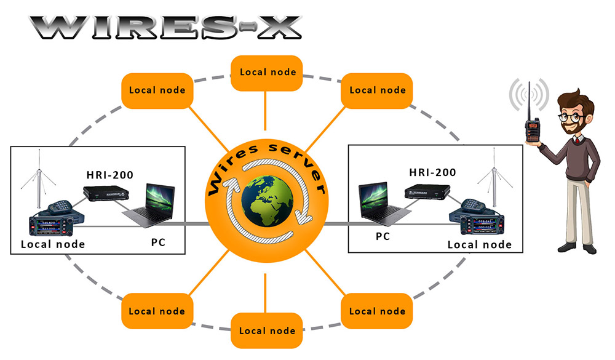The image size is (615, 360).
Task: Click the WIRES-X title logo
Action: (x=165, y=28)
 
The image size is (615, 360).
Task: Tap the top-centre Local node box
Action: (x=267, y=73)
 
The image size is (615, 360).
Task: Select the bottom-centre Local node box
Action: (x=267, y=330)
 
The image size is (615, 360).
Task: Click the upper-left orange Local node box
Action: (x=157, y=90)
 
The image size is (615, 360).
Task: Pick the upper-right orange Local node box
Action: (x=377, y=90)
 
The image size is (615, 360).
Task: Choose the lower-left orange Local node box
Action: (x=157, y=311)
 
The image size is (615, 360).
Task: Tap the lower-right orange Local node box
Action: (x=377, y=311)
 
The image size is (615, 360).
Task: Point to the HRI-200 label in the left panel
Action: (x=110, y=175)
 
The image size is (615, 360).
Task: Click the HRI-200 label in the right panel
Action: (x=432, y=172)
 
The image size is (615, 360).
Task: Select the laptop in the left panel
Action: (x=149, y=206)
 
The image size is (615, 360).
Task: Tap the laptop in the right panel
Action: (x=384, y=204)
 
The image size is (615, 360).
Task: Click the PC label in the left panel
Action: (x=158, y=242)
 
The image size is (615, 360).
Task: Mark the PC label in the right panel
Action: (x=383, y=236)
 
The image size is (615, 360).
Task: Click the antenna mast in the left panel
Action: (x=39, y=178)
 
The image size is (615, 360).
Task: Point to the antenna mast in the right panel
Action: (x=494, y=177)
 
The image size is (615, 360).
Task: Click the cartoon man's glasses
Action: (x=571, y=117)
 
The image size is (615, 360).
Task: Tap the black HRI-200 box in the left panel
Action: (x=106, y=193)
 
